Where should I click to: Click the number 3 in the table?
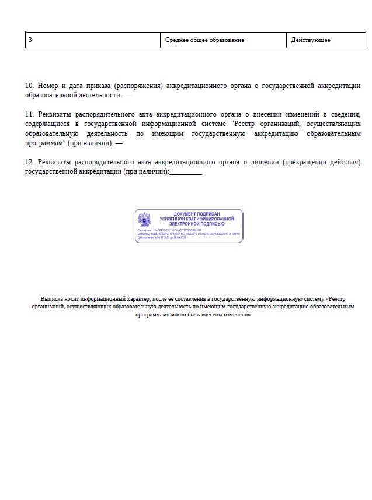(x=30, y=40)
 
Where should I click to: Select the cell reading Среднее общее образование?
(x=204, y=40)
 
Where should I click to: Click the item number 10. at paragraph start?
(x=30, y=86)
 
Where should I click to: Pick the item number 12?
(x=30, y=162)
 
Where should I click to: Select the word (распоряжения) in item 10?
(x=140, y=86)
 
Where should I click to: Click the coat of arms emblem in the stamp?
(x=144, y=220)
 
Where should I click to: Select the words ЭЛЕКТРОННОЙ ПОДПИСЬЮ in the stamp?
(x=196, y=223)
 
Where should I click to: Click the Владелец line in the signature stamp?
(x=189, y=234)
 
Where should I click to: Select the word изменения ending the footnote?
(x=235, y=315)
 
